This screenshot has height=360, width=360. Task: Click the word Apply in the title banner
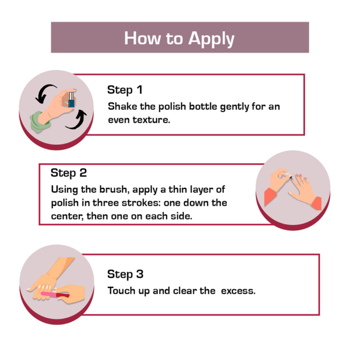pyautogui.click(x=211, y=39)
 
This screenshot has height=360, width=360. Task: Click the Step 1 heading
pyautogui.click(x=125, y=90)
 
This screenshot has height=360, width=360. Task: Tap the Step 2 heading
pyautogui.click(x=69, y=173)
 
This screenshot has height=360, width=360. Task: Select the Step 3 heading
pyautogui.click(x=125, y=274)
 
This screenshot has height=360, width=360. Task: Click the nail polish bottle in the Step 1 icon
pyautogui.click(x=71, y=100)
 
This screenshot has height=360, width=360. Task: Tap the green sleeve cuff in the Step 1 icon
pyautogui.click(x=40, y=122)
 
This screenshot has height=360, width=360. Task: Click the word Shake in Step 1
pyautogui.click(x=122, y=107)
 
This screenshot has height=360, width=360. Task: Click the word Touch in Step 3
pyautogui.click(x=121, y=291)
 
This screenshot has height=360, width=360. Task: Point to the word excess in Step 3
pyautogui.click(x=238, y=291)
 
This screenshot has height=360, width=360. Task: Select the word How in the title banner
pyautogui.click(x=142, y=38)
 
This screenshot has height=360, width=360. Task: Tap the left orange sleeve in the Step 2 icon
pyautogui.click(x=271, y=196)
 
